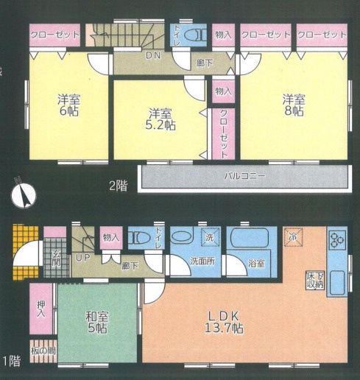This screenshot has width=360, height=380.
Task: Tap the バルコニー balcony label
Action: pyautogui.click(x=245, y=176)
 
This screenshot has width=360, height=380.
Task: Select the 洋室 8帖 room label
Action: pyautogui.click(x=294, y=105)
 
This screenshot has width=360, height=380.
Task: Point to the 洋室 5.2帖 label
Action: pyautogui.click(x=160, y=119)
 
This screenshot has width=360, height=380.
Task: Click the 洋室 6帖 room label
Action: pyautogui.click(x=69, y=105)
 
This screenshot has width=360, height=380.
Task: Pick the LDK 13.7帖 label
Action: pyautogui.click(x=224, y=322)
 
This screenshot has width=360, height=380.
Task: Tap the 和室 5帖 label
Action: pyautogui.click(x=97, y=322)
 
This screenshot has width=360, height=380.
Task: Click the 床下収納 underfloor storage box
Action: pyautogui.click(x=315, y=280)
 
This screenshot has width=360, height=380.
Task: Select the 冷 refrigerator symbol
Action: pyautogui.click(x=293, y=237)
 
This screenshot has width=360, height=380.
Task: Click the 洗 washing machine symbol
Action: pyautogui.click(x=210, y=237)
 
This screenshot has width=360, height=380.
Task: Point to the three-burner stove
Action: pyautogui.click(x=337, y=239)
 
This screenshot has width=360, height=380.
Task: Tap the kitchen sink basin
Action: pyautogui.click(x=337, y=283)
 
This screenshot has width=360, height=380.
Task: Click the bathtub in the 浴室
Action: pyautogui.click(x=252, y=236)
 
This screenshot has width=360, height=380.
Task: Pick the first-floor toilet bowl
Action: pyautogui.click(x=141, y=238)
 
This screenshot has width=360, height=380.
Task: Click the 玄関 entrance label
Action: pyautogui.click(x=56, y=259)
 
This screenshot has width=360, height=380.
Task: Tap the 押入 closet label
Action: pyautogui.click(x=41, y=309)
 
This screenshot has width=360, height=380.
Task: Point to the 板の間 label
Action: pyautogui.click(x=43, y=351)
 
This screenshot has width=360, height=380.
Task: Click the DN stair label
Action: pyautogui.click(x=153, y=56)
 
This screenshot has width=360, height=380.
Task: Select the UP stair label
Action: pyautogui.click(x=83, y=258)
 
